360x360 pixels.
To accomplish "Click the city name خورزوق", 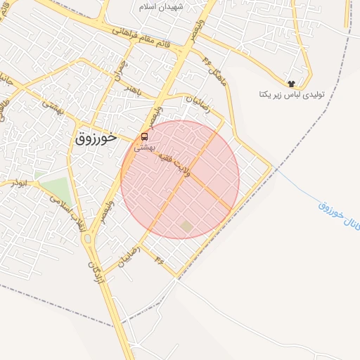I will [95, 138].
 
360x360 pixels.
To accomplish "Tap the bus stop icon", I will [144, 136].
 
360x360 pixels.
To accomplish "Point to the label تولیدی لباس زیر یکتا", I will [290, 94].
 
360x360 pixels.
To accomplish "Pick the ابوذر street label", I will [20, 183].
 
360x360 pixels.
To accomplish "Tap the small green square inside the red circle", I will [186, 226].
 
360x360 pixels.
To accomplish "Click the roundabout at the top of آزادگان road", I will [87, 239].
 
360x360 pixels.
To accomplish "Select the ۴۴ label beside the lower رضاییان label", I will [160, 261].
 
